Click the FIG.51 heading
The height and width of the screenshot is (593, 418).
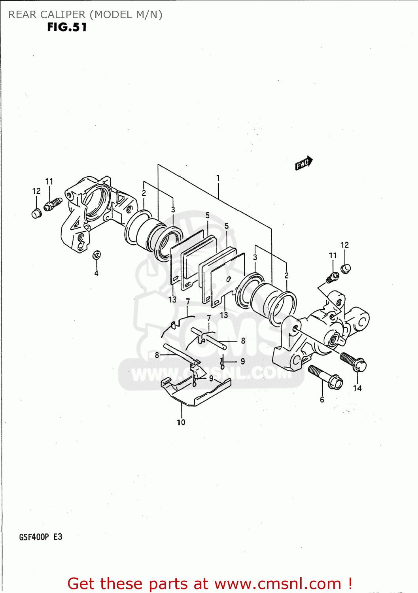pos(67,27)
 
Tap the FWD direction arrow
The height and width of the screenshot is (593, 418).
pos(304,163)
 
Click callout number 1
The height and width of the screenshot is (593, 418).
pos(218,178)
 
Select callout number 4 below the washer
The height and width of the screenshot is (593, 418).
pos(96,273)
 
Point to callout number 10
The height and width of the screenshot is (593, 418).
pos(181,422)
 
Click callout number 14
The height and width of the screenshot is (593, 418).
pos(357,388)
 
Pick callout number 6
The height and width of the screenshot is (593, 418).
pos(322,400)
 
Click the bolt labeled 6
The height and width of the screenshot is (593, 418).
pos(325,377)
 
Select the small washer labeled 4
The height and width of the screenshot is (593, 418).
pos(96,255)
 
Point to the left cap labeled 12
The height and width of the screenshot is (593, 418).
pos(37,213)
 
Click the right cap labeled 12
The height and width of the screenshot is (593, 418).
pos(346,269)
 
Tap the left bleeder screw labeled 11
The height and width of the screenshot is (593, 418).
pos(53,204)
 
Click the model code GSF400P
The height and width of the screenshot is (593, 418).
pos(34,537)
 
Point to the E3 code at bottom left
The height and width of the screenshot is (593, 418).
pos(58,537)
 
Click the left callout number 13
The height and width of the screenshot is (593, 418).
pos(172,300)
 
